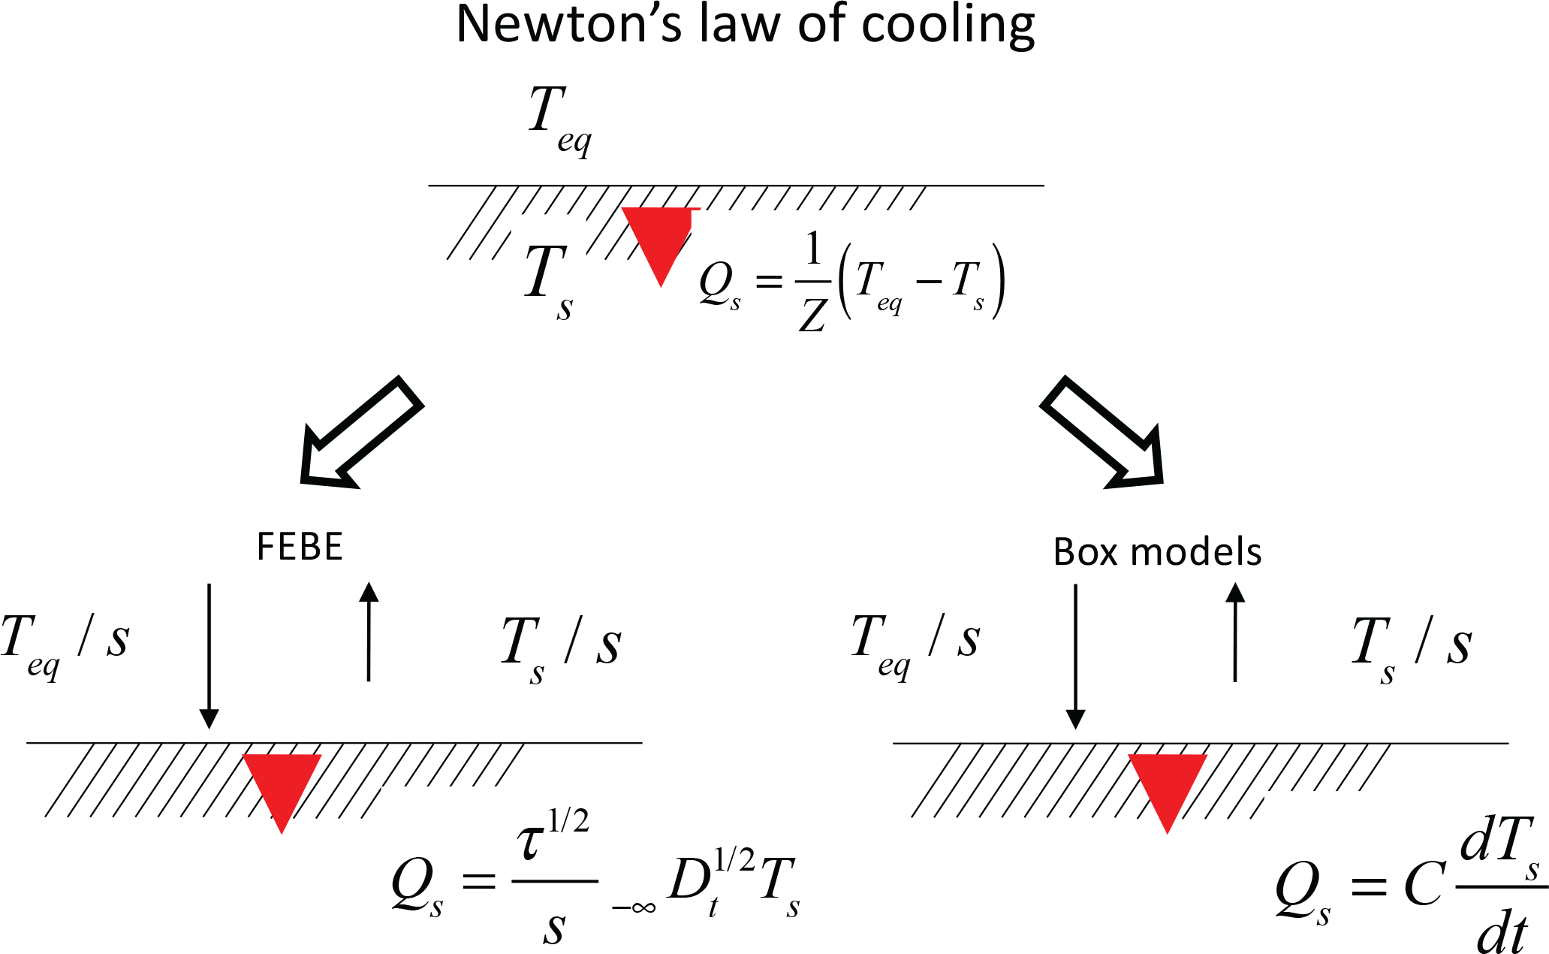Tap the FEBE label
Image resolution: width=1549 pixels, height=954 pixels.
[x=300, y=547]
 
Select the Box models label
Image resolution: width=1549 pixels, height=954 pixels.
[x=1157, y=552]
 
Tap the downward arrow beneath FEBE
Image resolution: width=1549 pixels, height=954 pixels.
[x=209, y=654]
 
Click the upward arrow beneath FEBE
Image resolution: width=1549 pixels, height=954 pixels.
[x=369, y=632]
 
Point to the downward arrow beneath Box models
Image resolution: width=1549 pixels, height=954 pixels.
[x=1075, y=654]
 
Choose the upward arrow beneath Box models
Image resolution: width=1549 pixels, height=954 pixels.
[x=1235, y=632]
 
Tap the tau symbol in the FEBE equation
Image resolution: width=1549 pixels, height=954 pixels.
[x=531, y=841]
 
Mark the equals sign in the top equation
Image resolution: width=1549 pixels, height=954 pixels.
[x=768, y=282]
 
